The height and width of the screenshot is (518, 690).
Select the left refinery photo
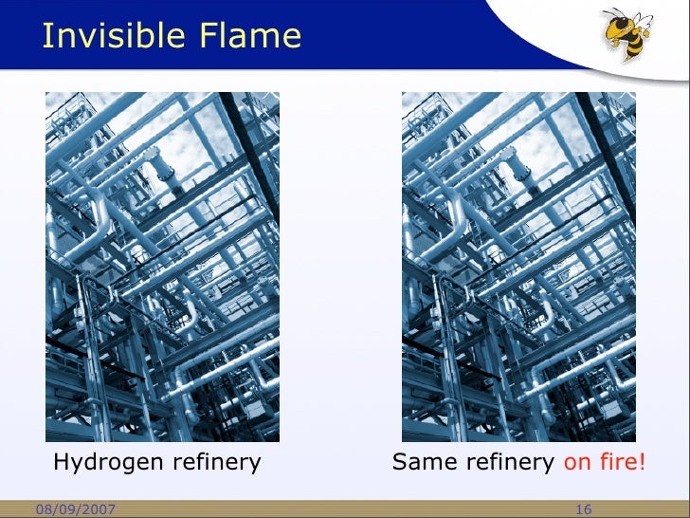coord(162,267)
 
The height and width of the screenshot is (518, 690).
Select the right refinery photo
coord(518,267)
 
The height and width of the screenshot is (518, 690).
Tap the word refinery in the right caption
coord(511,463)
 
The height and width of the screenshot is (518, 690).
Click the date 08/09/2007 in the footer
coord(75,510)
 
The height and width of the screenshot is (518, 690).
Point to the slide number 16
coord(584,510)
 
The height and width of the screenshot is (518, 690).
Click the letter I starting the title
coord(45,36)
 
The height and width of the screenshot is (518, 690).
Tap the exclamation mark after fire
coord(643,463)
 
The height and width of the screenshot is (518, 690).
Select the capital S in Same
coord(400,463)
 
